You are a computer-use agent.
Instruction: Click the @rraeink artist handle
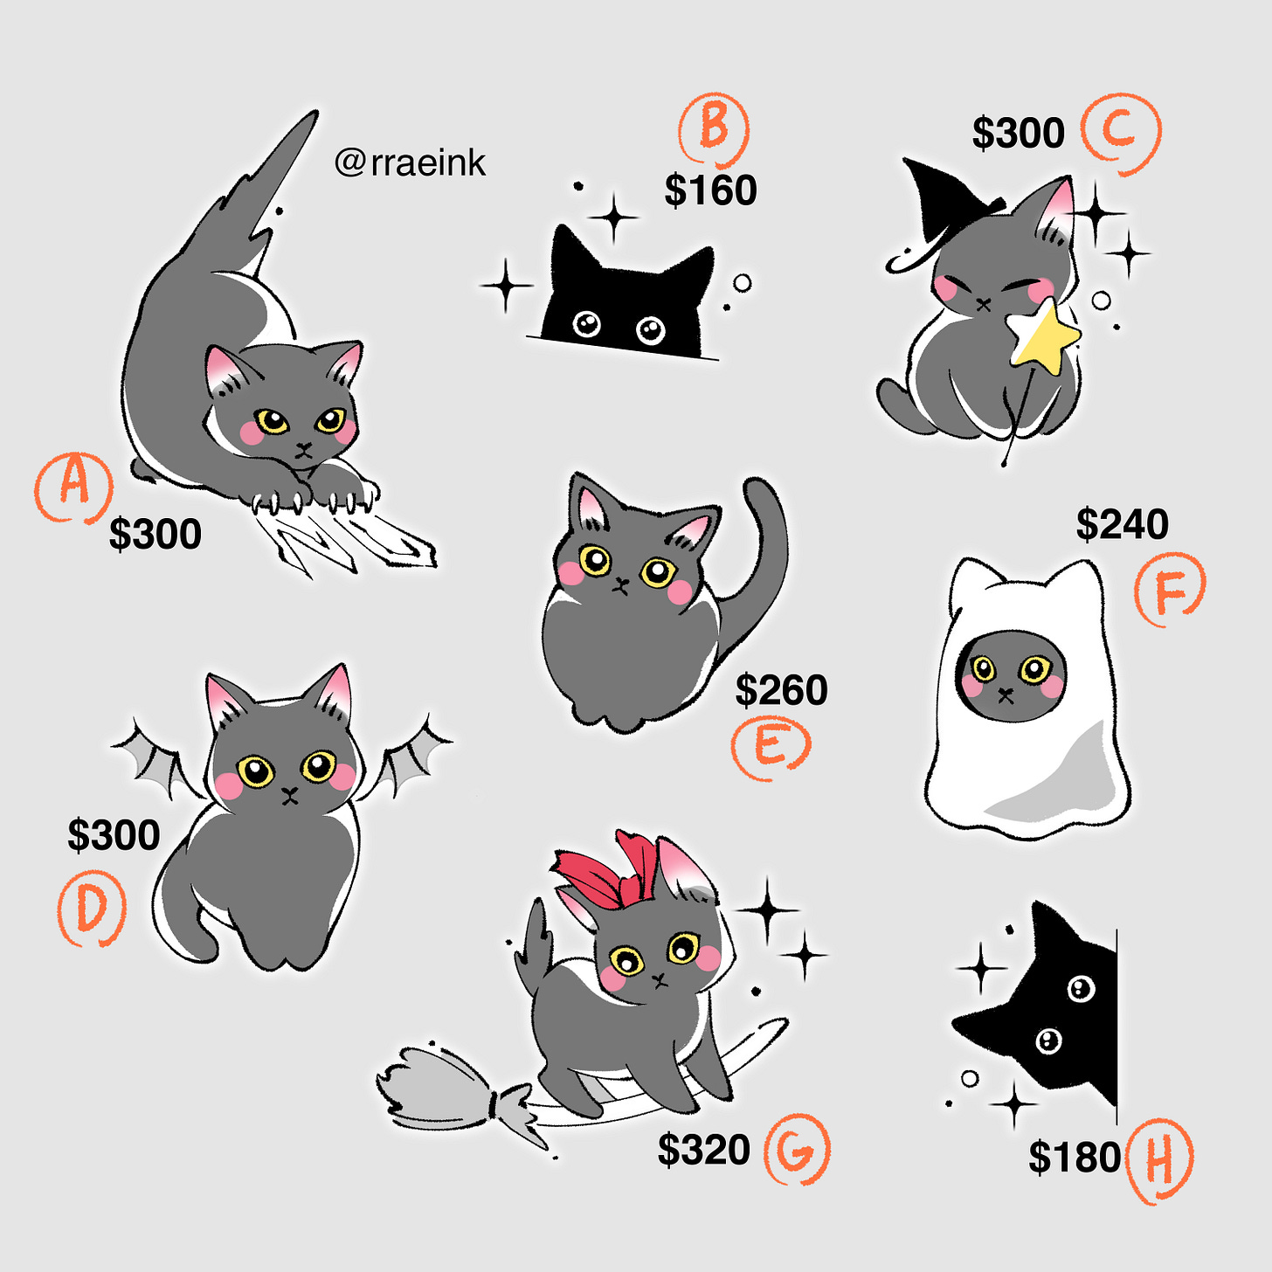(410, 163)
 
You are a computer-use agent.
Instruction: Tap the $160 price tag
(710, 190)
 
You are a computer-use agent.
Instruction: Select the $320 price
(703, 1150)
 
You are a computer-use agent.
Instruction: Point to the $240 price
(1122, 525)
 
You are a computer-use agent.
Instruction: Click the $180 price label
(1075, 1158)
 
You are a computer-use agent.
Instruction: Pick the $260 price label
(782, 690)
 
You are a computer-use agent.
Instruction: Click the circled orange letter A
(74, 487)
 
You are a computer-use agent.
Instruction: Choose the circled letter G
(797, 1149)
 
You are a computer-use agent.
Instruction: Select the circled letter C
(1120, 134)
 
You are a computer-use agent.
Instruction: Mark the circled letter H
(1159, 1161)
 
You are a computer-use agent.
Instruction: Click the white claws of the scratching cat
(310, 498)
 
